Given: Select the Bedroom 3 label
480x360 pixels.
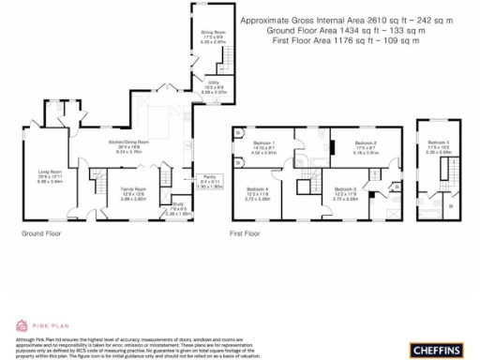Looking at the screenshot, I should tap(347, 189).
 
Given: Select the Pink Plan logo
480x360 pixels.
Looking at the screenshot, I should tap(32, 324).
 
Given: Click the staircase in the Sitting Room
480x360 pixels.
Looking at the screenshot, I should tap(225, 60).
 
